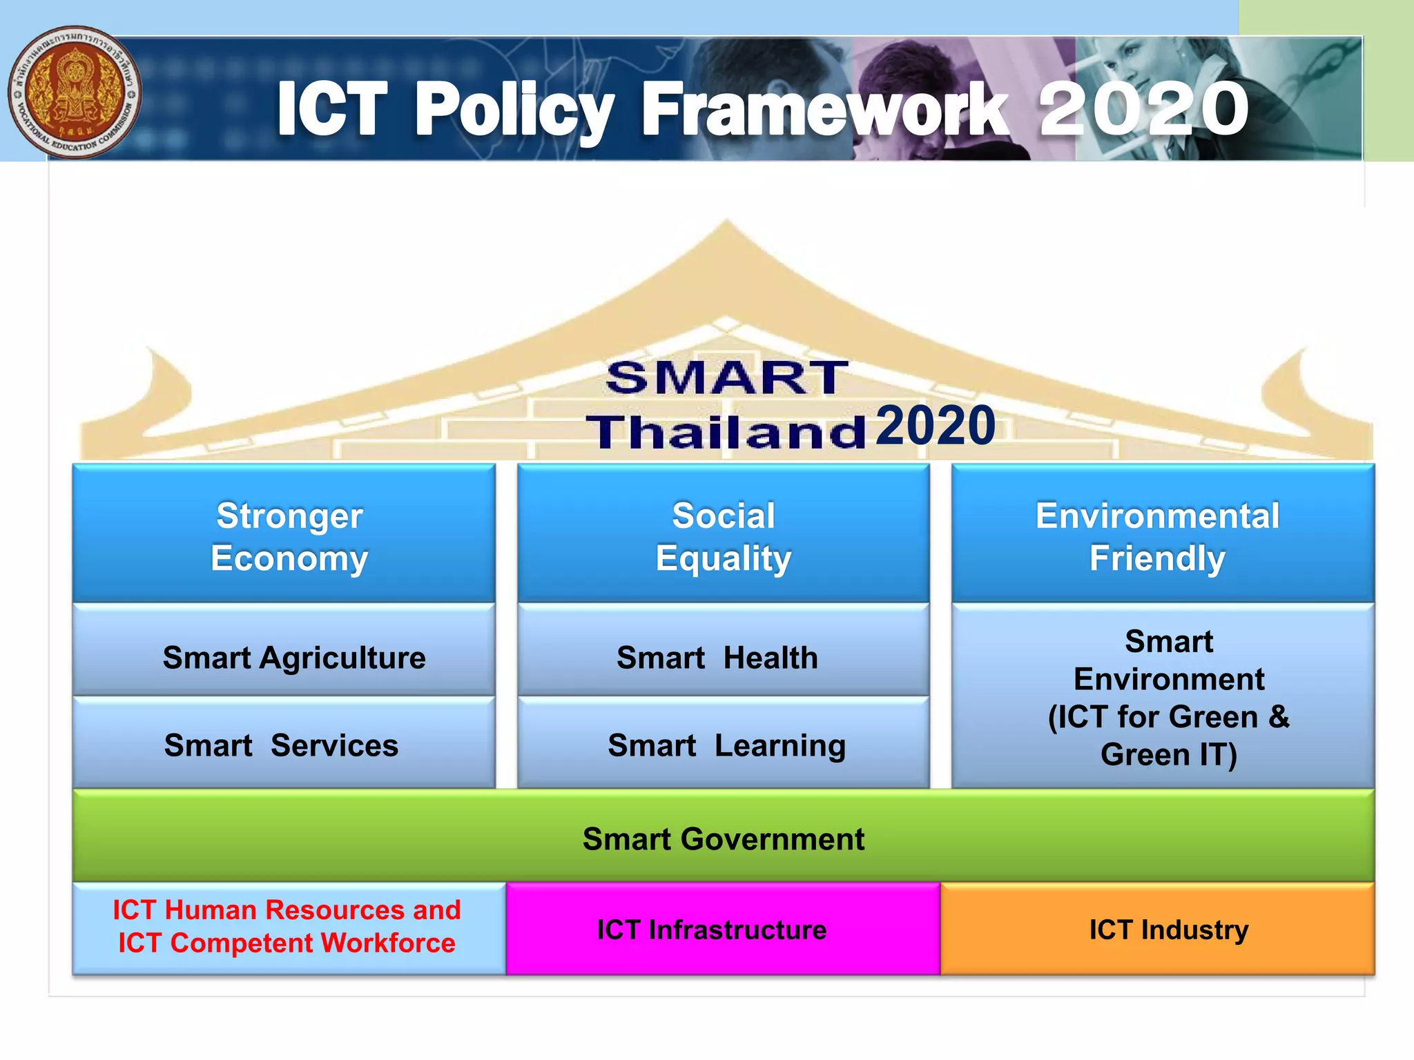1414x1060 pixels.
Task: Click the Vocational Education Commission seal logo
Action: click(x=75, y=92)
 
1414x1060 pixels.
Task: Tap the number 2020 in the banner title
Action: click(x=1143, y=108)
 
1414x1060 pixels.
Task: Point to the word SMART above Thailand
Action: click(x=726, y=378)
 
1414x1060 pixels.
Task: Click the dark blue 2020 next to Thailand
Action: click(x=936, y=426)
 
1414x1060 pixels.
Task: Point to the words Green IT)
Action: click(x=1168, y=754)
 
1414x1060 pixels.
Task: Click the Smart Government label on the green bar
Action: click(x=723, y=839)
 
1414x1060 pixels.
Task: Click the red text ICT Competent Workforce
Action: click(x=287, y=943)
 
